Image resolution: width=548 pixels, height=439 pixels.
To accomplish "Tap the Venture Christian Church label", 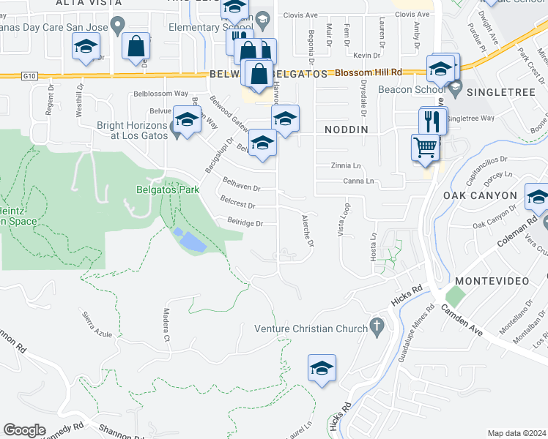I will coord(311,328).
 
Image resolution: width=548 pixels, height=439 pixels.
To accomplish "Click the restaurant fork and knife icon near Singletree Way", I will coord(433,120).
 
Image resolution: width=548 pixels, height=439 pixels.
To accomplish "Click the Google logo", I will coord(24,429).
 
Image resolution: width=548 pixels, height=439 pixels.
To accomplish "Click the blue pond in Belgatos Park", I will coord(189,239).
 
